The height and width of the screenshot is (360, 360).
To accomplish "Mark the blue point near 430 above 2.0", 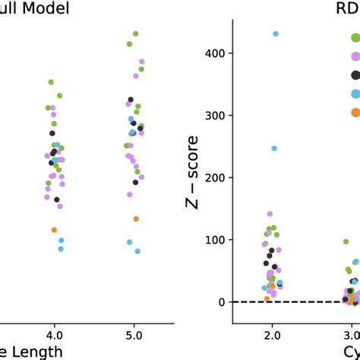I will (276, 33).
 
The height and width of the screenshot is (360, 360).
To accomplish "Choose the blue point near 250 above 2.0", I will (274, 148).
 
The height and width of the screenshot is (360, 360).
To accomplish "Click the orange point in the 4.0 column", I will (54, 229).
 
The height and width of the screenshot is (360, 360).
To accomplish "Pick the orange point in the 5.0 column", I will (136, 219).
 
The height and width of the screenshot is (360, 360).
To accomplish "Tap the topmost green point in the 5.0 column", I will (136, 33).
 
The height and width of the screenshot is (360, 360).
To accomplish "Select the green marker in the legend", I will (355, 37).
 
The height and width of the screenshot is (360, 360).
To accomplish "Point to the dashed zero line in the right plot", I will (243, 302).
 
